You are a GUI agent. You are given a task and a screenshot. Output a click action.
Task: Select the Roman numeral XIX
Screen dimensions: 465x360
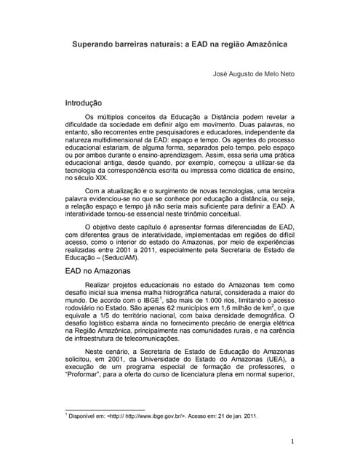(95, 177)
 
